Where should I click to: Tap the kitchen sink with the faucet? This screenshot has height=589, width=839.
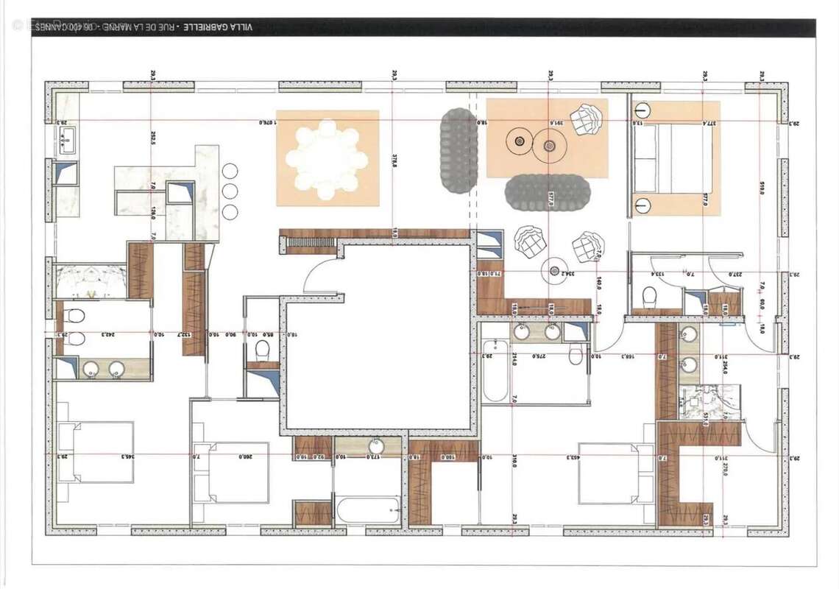coord(66,138)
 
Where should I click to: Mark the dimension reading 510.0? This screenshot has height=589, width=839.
coord(762,189)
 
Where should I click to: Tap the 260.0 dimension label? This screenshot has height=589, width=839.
coord(244,456)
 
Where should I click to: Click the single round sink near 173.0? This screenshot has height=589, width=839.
coord(376,446)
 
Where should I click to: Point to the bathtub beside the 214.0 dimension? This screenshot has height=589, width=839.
coord(495,371)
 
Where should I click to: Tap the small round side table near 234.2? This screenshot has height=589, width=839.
coord(554,271)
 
